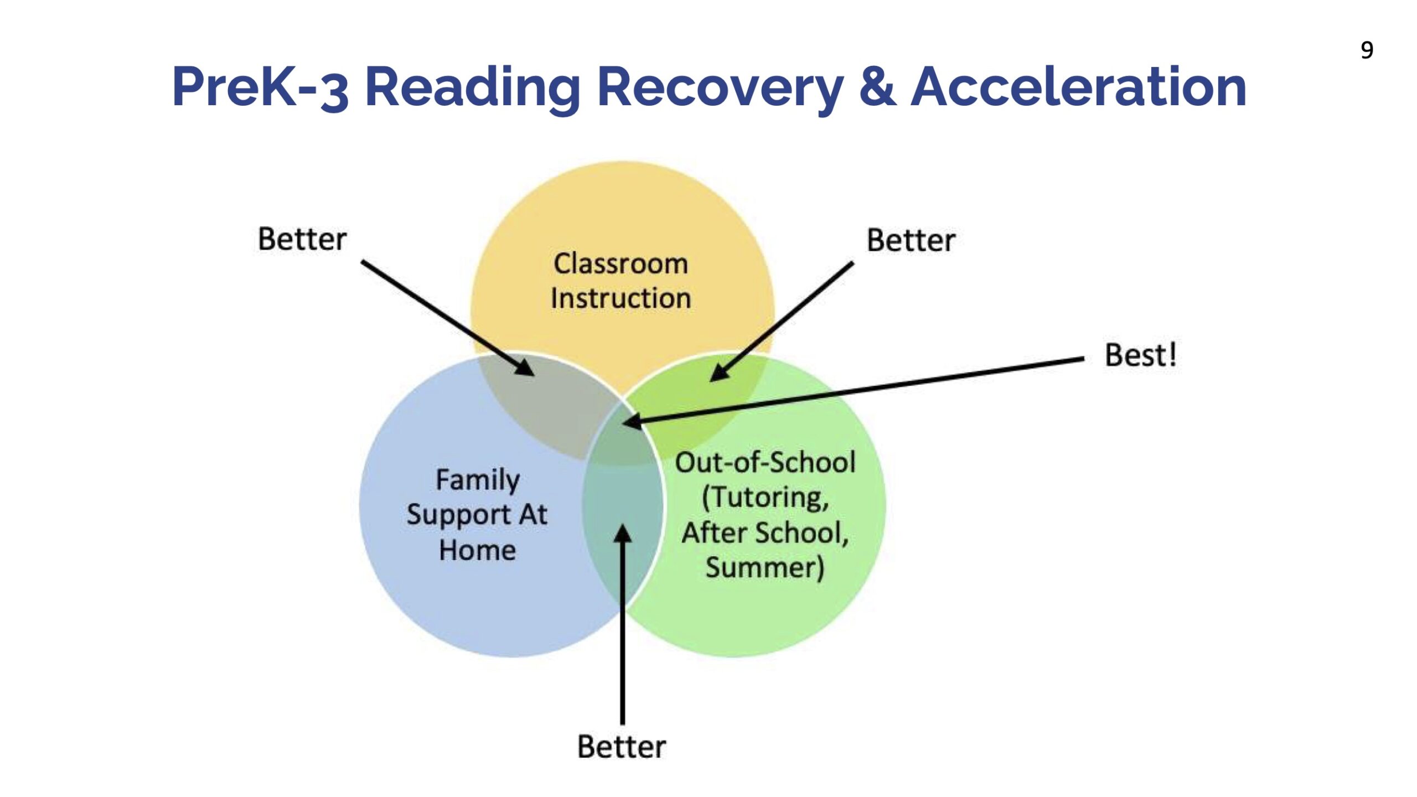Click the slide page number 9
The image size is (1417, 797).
[x=1367, y=50]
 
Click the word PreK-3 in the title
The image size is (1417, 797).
[x=260, y=87]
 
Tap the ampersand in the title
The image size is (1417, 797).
[x=877, y=86]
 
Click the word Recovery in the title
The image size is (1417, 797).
[x=720, y=89]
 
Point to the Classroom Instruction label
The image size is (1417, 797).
[x=620, y=281]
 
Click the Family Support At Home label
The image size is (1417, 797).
[x=477, y=515]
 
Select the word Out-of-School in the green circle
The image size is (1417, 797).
[x=765, y=462]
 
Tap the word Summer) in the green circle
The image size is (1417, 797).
[x=765, y=567]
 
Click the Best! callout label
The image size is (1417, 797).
[x=1140, y=355]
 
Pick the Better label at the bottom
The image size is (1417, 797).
[x=621, y=747]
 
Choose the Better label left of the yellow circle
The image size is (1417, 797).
[x=302, y=239]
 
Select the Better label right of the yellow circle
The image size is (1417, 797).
[x=911, y=240]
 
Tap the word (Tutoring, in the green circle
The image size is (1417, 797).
[x=765, y=498]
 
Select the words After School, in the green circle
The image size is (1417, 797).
[x=765, y=533]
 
